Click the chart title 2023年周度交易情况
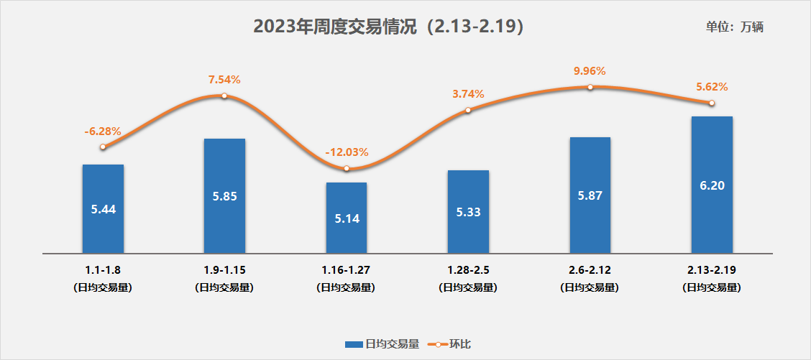(388, 27)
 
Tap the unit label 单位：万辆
(734, 27)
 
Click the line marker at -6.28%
(103, 147)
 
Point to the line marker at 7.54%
(224, 96)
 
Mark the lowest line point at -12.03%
(347, 168)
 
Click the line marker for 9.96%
(590, 87)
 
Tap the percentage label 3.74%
(468, 94)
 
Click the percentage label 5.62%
(712, 87)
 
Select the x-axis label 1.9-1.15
(224, 271)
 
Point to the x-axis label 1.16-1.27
(347, 271)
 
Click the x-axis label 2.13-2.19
(712, 271)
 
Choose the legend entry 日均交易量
(382, 344)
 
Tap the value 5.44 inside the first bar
(103, 209)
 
